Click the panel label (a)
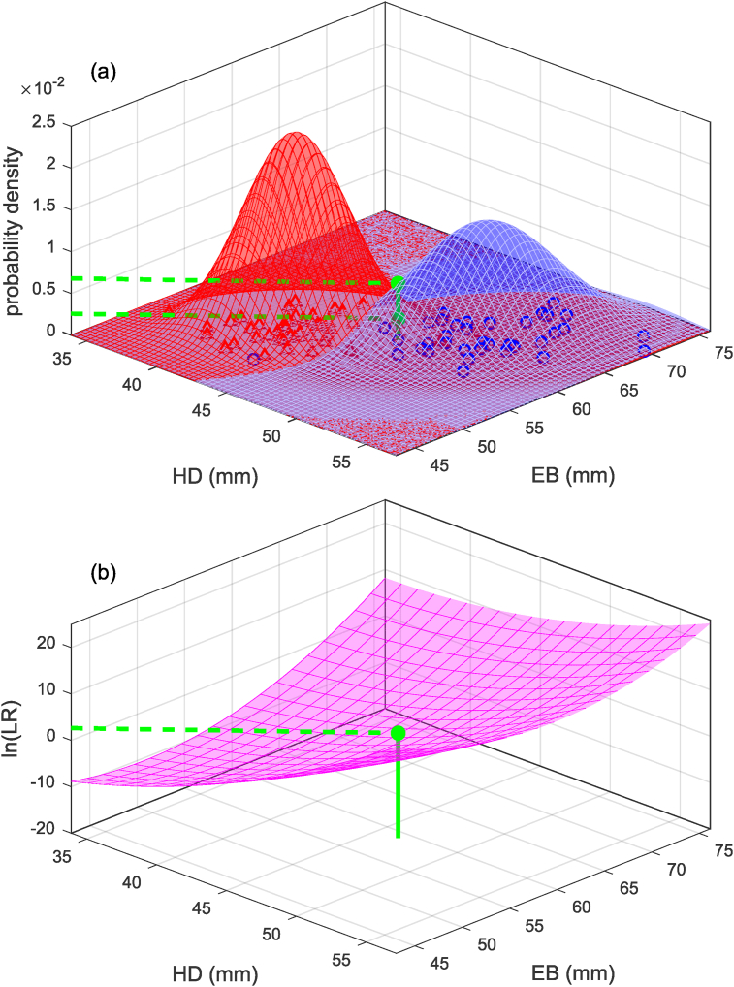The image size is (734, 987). click(x=104, y=72)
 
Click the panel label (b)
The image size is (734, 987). click(x=104, y=572)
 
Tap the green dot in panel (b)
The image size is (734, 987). click(x=399, y=734)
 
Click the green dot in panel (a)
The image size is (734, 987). click(x=398, y=283)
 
